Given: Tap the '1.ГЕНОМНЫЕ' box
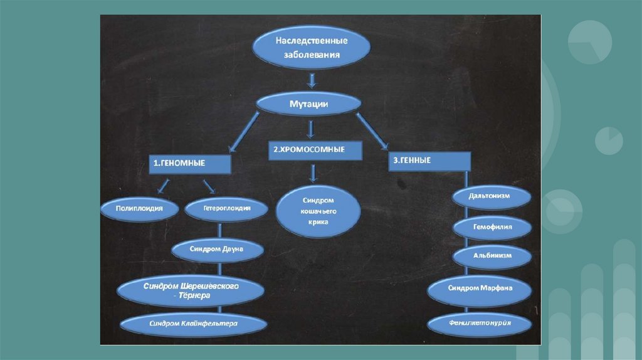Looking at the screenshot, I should click(x=190, y=164).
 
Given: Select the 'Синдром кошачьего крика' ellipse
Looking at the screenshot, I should click(x=318, y=211).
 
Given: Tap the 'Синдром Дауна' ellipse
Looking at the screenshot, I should click(x=216, y=249).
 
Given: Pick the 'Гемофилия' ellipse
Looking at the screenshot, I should click(x=493, y=226).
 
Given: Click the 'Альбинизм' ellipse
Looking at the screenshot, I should click(x=493, y=256).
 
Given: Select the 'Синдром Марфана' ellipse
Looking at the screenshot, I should click(x=480, y=289).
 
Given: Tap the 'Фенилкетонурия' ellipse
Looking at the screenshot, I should click(x=481, y=324).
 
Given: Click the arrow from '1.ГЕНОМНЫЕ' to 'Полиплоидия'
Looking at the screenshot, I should click(x=162, y=186).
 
